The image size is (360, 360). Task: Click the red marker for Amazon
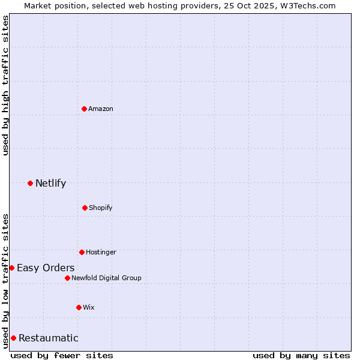click(x=84, y=109)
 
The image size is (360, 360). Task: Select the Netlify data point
click(x=30, y=183)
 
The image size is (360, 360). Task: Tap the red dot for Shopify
click(x=85, y=208)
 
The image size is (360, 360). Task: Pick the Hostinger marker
click(x=82, y=252)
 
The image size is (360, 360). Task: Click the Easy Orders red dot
click(x=11, y=268)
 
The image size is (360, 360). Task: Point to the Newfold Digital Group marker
click(x=67, y=278)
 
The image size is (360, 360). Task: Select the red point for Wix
click(x=79, y=307)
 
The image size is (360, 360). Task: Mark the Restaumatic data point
click(x=13, y=338)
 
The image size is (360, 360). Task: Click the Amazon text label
click(x=101, y=109)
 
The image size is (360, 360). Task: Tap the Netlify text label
click(x=50, y=183)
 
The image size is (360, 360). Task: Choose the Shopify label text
click(x=101, y=208)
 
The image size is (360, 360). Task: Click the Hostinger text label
click(x=101, y=252)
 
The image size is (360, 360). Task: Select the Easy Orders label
click(x=46, y=268)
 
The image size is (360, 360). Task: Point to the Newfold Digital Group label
click(x=106, y=278)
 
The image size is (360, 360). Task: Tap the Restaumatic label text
click(x=48, y=338)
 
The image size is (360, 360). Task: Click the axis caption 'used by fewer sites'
click(x=62, y=355)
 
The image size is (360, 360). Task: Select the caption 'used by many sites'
click(x=301, y=355)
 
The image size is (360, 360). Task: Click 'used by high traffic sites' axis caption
click(x=5, y=85)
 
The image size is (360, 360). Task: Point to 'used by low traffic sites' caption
click(x=5, y=281)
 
